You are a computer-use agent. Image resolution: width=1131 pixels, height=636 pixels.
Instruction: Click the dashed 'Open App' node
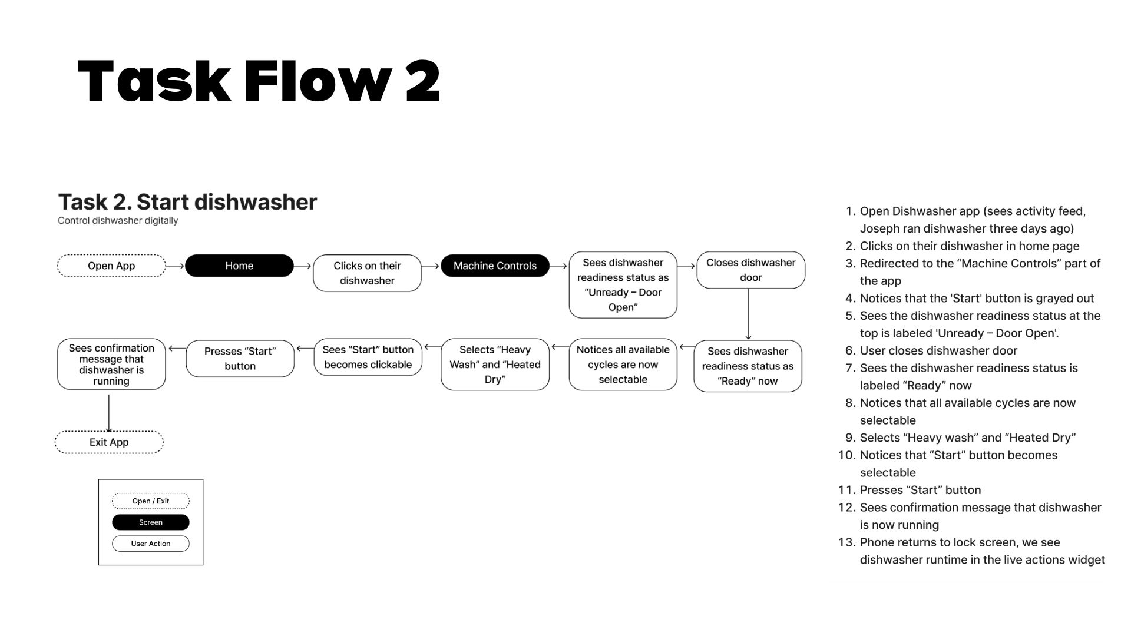click(111, 266)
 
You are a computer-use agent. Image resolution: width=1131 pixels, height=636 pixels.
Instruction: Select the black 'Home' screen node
click(239, 266)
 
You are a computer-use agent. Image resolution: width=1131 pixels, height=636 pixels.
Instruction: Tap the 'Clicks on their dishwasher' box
click(367, 273)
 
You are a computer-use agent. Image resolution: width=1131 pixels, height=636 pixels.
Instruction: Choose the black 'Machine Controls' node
click(495, 266)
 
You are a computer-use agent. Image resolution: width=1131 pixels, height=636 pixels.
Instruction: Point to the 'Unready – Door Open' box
click(623, 284)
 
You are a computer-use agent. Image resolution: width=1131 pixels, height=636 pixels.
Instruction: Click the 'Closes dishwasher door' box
click(750, 270)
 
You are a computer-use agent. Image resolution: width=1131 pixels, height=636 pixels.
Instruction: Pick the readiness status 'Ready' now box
click(748, 366)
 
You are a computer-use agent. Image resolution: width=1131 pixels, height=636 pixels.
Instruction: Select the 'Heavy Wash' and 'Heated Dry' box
click(495, 364)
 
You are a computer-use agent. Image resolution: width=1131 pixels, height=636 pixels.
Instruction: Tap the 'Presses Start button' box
click(240, 358)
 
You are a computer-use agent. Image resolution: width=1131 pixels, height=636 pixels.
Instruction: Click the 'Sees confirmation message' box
click(111, 364)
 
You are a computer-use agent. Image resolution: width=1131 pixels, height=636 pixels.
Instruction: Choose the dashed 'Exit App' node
click(109, 442)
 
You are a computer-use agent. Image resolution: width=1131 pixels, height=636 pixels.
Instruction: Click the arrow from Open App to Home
click(175, 266)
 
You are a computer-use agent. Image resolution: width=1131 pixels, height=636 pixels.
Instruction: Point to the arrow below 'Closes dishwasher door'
click(748, 314)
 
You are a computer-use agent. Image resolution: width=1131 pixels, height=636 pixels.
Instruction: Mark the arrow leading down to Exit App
click(109, 413)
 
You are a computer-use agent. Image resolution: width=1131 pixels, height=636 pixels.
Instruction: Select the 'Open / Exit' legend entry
click(151, 501)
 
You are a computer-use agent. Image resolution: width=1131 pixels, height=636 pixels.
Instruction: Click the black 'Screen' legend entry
click(151, 522)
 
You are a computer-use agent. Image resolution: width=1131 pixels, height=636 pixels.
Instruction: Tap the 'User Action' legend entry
click(151, 544)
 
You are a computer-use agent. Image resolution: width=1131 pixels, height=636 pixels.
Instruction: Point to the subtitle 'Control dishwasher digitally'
click(118, 221)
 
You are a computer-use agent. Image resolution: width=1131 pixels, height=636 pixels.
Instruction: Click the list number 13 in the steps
click(846, 542)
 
